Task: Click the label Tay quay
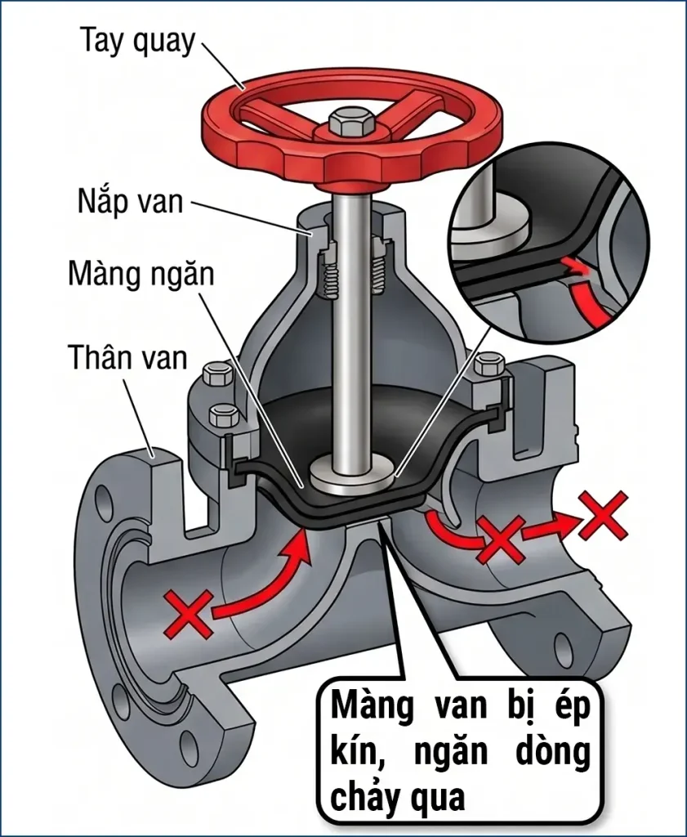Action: click(x=137, y=42)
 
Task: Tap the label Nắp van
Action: click(x=130, y=201)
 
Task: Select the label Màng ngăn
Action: click(x=141, y=273)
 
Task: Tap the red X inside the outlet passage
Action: click(x=500, y=539)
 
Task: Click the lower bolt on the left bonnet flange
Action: click(x=225, y=415)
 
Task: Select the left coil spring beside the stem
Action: click(x=328, y=274)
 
